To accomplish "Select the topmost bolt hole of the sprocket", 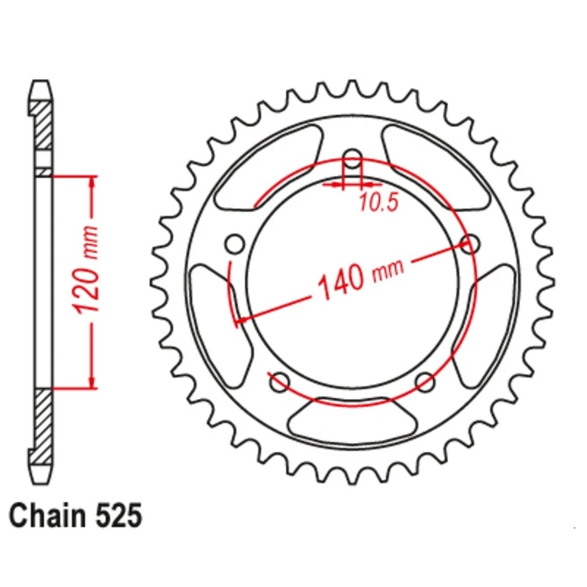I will tap(353, 158).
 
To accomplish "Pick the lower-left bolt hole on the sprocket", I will tap(279, 383).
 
